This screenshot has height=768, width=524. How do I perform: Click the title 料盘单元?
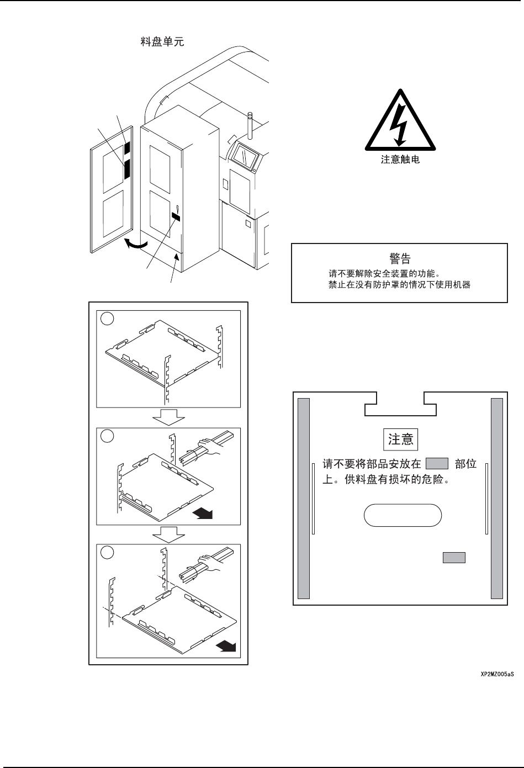click(x=161, y=42)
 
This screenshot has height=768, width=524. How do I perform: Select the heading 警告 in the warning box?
click(x=399, y=258)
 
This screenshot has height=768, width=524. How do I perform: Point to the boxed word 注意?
click(x=400, y=439)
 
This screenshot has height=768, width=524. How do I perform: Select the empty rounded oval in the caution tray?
click(x=403, y=516)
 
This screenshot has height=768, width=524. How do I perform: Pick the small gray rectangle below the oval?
click(x=453, y=558)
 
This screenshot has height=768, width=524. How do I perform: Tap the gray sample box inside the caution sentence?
click(x=437, y=463)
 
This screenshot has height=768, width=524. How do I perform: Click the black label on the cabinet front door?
click(x=177, y=217)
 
